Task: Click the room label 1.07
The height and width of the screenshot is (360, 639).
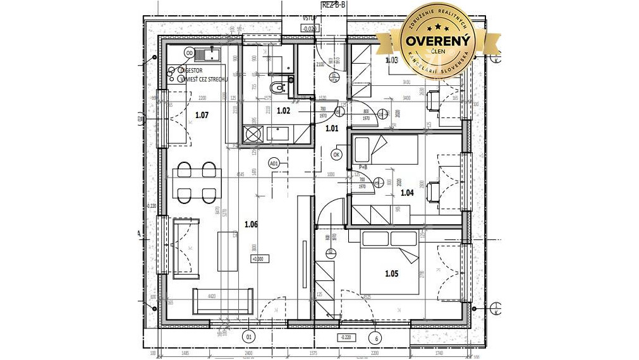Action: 202,115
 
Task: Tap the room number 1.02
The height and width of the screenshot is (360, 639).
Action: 283,111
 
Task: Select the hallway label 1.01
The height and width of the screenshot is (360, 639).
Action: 331,128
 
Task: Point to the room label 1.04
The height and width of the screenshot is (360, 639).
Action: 406,193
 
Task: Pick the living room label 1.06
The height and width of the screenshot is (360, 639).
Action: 251,224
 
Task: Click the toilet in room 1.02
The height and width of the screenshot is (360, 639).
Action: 277,87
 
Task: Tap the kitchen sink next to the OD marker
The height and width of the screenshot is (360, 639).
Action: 208,53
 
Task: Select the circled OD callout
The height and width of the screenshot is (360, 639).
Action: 190,53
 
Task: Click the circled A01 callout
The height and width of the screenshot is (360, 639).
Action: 274,164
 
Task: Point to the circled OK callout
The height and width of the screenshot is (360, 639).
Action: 336,153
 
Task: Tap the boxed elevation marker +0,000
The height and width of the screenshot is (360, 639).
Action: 258,258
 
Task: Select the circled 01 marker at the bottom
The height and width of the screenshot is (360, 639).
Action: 248,337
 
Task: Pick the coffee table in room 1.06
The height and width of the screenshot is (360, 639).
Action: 228,251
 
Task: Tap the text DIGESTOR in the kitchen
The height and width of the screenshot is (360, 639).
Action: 192,71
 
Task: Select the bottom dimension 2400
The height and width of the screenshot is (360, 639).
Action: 249,354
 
